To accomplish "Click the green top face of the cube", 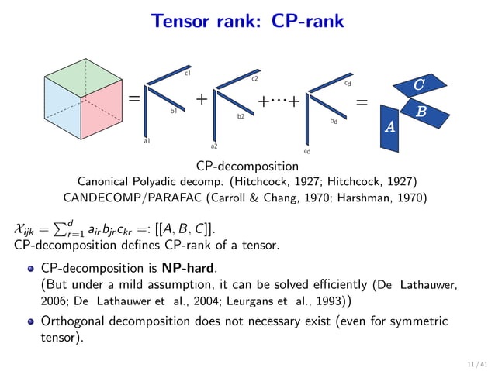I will tap(80, 77).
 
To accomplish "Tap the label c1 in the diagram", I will tap(188, 74).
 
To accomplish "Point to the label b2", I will tap(241, 116).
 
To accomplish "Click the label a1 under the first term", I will tap(147, 141).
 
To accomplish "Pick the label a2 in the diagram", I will tap(214, 146).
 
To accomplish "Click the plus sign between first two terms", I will tap(202, 99).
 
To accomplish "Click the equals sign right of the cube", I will tap(133, 99).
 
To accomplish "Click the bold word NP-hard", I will tap(188, 270).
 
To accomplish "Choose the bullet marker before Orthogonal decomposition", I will tap(31, 322).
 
